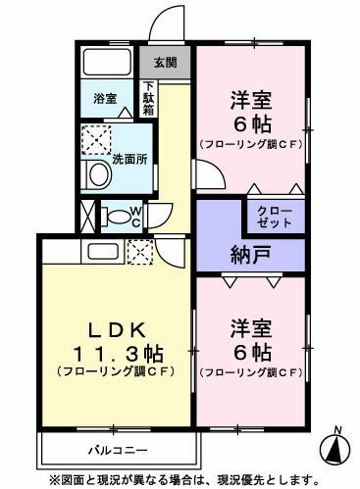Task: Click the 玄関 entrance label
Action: [x=166, y=63]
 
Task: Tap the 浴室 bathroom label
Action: [x=105, y=100]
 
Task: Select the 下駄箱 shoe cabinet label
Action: [x=149, y=102]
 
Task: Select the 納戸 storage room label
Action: [x=251, y=255]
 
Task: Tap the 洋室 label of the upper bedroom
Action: [x=251, y=100]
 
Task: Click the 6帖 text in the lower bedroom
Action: [x=251, y=351]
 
